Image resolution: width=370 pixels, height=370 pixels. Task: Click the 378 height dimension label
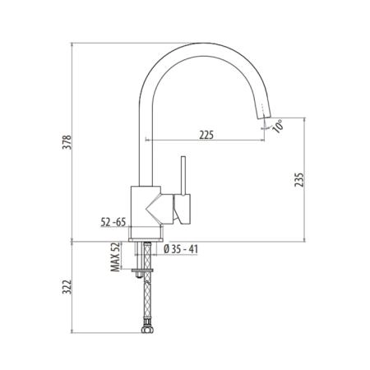pyautogui.click(x=67, y=142)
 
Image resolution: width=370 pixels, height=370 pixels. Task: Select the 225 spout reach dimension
pyautogui.click(x=206, y=135)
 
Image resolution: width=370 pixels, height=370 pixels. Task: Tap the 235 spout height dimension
pyautogui.click(x=299, y=179)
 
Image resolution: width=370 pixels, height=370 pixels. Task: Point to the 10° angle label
pyautogui.click(x=278, y=126)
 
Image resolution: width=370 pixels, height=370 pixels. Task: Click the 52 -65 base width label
pyautogui.click(x=113, y=222)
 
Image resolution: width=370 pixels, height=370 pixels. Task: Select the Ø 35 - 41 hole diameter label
pyautogui.click(x=181, y=249)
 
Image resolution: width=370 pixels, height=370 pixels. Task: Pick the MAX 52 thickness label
pyautogui.click(x=116, y=257)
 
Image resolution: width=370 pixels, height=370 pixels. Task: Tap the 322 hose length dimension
pyautogui.click(x=67, y=287)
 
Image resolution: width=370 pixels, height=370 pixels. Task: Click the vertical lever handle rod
pyautogui.click(x=183, y=175)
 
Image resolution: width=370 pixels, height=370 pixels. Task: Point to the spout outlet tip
pyautogui.click(x=264, y=117)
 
